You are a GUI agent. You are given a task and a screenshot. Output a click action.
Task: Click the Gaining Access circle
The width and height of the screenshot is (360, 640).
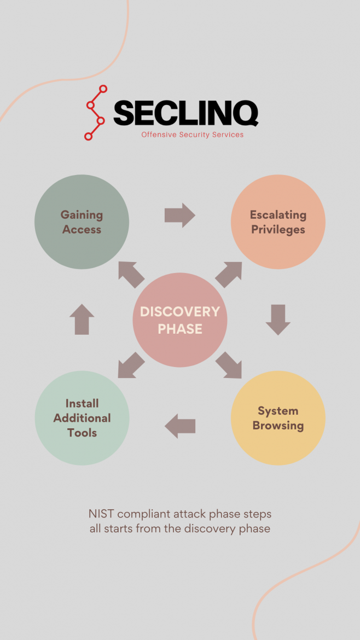tap(82, 222)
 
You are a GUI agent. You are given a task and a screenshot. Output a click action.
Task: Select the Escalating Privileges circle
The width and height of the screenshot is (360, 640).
tap(278, 222)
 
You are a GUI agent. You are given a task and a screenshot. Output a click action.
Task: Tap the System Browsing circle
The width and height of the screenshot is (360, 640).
tap(278, 418)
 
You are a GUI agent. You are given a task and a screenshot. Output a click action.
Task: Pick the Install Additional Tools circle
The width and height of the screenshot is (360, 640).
tap(82, 418)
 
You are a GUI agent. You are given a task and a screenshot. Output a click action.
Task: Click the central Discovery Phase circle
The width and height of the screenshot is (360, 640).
tap(179, 320)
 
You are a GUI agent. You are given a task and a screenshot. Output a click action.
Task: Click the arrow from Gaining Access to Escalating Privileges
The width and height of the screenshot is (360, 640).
tap(179, 215)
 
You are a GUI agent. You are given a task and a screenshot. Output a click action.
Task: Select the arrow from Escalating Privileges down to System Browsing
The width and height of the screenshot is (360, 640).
tap(278, 320)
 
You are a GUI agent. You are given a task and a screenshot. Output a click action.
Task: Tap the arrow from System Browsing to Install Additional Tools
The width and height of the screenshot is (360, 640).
tap(180, 426)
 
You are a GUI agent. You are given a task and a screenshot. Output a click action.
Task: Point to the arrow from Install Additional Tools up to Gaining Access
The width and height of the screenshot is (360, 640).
tap(82, 319)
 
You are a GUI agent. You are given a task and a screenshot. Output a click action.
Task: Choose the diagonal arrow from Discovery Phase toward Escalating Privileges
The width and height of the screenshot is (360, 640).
tap(229, 274)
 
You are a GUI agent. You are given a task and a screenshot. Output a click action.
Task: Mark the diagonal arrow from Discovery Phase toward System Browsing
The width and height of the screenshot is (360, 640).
tap(228, 365)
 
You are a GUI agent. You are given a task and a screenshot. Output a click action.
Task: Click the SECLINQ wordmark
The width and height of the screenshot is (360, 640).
tap(185, 113)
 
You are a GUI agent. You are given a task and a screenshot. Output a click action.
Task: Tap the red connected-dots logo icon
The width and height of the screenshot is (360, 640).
tap(95, 113)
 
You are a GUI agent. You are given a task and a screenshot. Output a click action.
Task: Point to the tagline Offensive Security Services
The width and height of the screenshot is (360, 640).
tap(192, 135)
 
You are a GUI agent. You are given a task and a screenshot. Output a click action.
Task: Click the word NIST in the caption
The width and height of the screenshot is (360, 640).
tap(101, 514)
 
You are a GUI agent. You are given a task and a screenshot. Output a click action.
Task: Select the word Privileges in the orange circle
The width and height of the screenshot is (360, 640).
tap(278, 230)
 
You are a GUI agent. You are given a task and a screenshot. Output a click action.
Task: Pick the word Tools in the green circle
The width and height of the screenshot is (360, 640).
tap(82, 433)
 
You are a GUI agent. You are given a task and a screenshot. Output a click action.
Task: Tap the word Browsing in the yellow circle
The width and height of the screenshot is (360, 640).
tap(278, 426)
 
